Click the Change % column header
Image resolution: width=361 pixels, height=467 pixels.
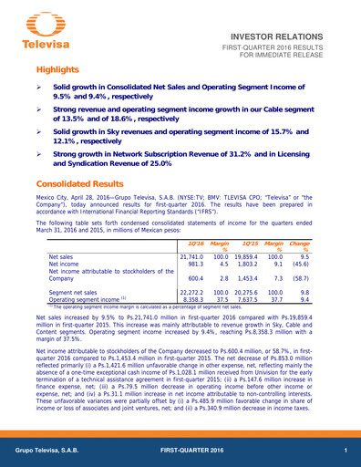pos(325,247)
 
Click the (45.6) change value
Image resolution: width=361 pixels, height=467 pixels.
pos(325,265)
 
